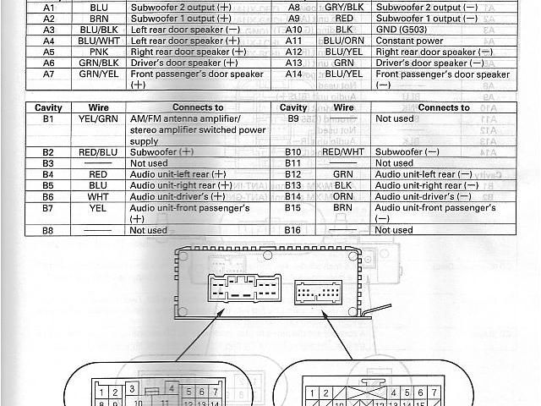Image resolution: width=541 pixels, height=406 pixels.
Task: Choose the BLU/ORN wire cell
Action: point(343,40)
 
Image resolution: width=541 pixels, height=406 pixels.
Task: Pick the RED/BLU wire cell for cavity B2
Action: point(98,151)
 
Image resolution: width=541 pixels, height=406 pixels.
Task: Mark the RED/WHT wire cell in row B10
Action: point(343,151)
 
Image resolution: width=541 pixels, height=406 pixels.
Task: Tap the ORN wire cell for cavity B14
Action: point(343,196)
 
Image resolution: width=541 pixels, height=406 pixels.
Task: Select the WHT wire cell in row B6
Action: point(98,196)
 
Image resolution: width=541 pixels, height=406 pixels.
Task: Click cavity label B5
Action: point(47,185)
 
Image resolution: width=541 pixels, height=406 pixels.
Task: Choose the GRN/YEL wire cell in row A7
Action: point(98,74)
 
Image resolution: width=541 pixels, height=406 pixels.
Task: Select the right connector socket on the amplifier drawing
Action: point(318,294)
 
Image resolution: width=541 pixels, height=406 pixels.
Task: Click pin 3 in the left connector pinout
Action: point(131,388)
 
